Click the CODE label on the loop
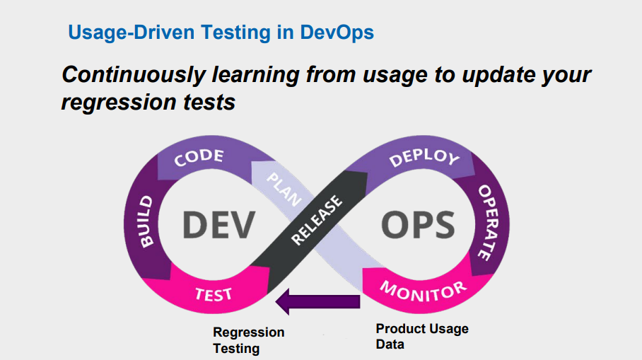199,157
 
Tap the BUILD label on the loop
146,221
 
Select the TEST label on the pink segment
214,294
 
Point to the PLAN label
284,189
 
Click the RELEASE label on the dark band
316,220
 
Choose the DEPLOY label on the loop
424,157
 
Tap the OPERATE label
488,222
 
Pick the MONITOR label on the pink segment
424,291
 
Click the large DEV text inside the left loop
218,224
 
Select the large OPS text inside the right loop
418,224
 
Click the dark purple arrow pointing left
317,301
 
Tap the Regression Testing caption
249,340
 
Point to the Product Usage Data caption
422,336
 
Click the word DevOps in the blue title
337,33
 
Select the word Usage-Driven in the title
131,33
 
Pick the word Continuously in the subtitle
134,75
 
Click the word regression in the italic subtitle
119,103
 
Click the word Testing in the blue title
235,33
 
